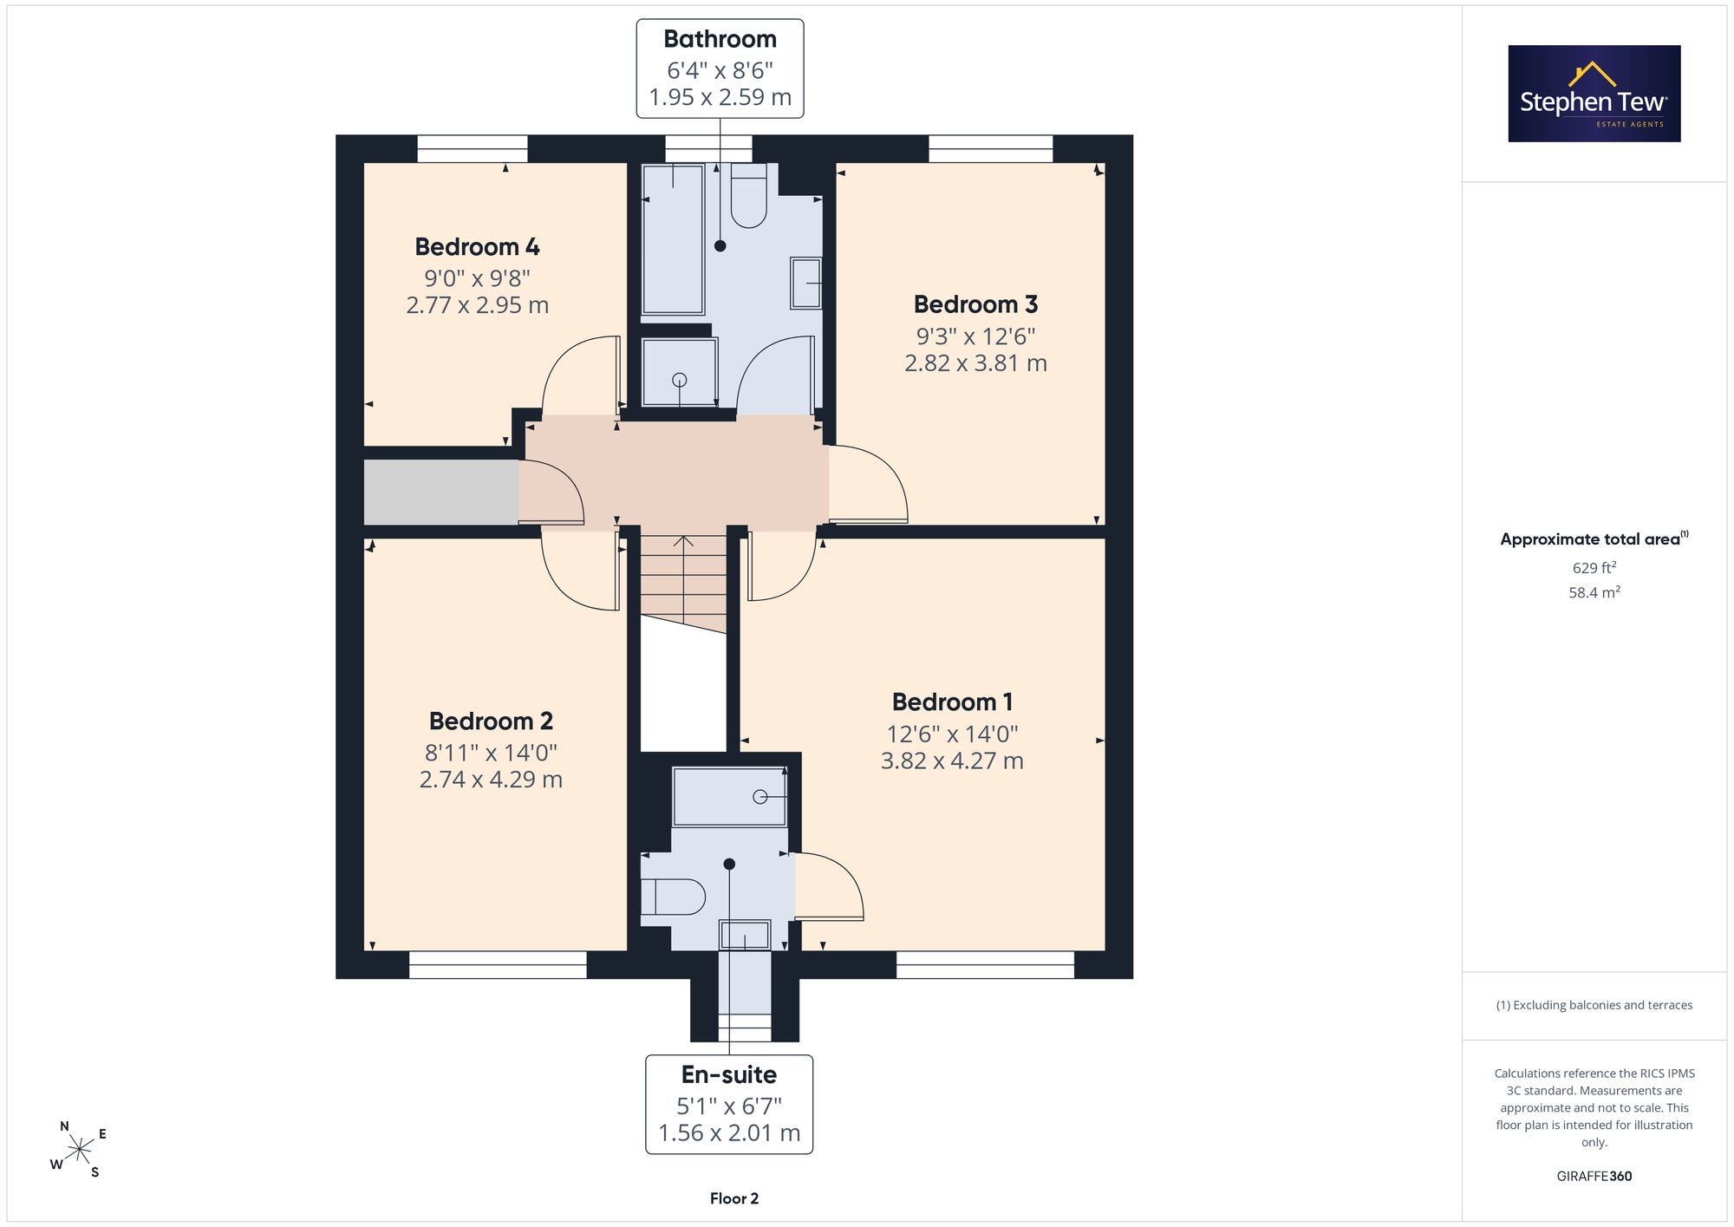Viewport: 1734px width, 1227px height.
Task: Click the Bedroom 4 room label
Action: coord(477,247)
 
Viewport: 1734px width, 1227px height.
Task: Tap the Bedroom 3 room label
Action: coord(975,304)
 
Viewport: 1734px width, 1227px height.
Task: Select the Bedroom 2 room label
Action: coord(491,721)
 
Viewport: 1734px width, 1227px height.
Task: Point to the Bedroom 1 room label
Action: coord(952,702)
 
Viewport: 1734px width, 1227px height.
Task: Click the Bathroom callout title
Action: coord(720,39)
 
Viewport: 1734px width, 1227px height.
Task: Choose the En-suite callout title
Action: coord(729,1074)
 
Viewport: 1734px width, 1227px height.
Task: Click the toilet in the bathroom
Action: coord(748,196)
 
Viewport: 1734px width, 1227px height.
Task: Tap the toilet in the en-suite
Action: coord(674,897)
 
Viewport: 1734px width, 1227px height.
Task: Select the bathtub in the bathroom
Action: coord(673,238)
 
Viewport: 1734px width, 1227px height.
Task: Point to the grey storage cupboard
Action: coord(441,492)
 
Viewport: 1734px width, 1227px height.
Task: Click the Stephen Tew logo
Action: coord(1594,94)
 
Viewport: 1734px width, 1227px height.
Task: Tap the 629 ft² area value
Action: coord(1594,568)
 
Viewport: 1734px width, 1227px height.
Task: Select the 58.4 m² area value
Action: coord(1594,593)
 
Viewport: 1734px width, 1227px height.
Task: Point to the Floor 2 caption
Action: coord(734,1198)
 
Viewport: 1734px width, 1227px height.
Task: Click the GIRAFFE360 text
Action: coord(1594,1177)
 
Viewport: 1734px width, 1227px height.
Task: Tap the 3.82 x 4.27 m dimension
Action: coord(952,761)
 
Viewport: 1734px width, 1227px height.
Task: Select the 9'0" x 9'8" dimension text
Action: coord(477,278)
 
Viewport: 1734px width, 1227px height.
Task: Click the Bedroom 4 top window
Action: coord(473,148)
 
